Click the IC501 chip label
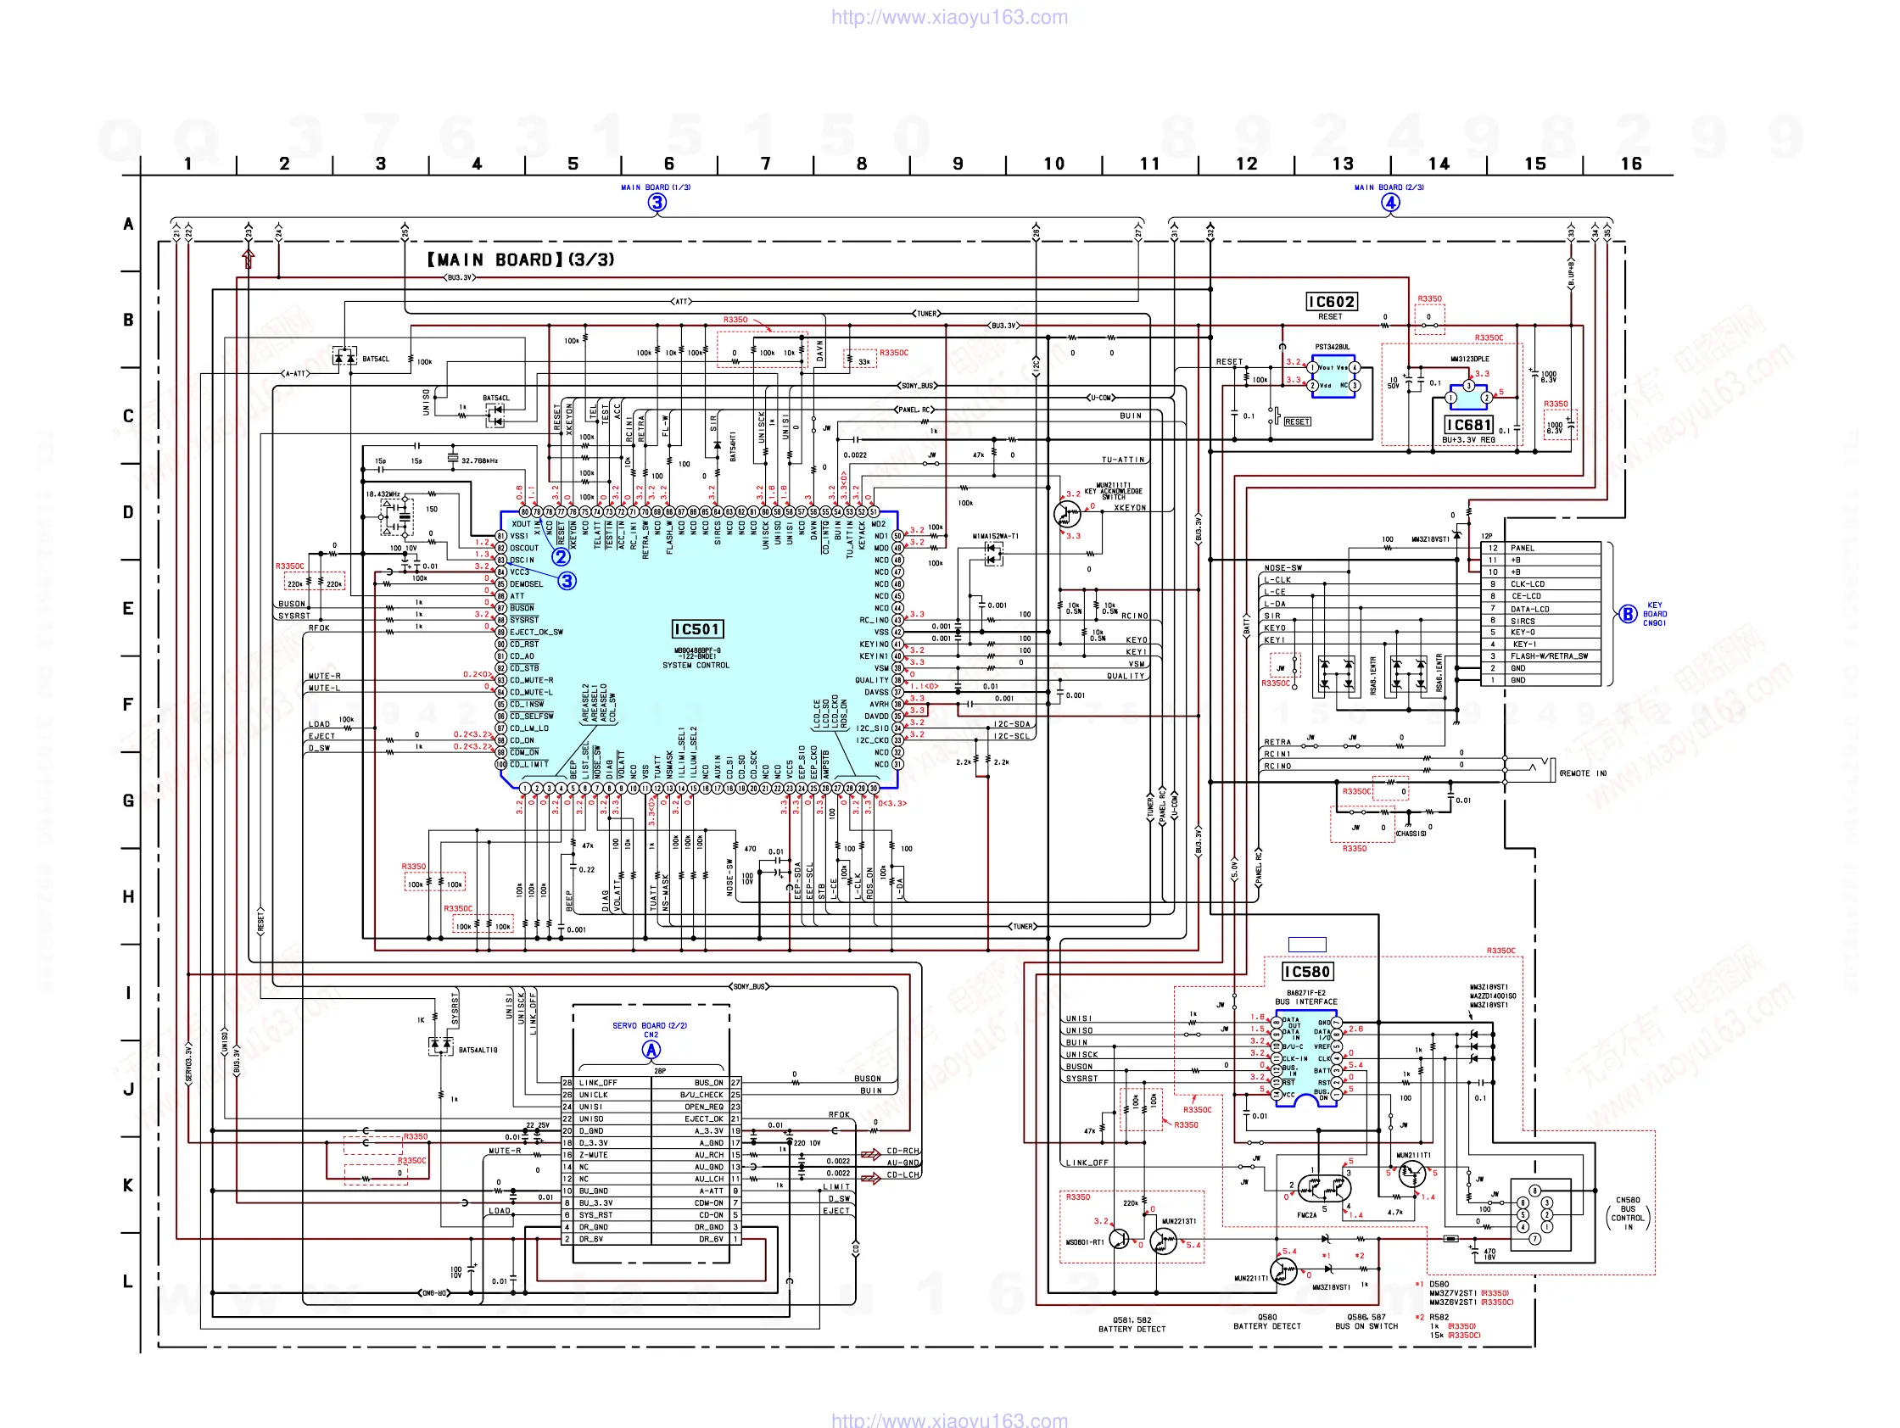tap(696, 629)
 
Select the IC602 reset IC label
tap(1331, 302)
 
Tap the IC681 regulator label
tap(1468, 425)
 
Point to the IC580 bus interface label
tap(1306, 972)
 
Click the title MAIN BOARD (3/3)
tap(521, 260)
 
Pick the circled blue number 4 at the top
tap(1389, 203)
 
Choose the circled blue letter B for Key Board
tap(1627, 614)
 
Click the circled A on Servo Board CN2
tap(651, 1050)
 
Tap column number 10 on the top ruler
tap(1054, 164)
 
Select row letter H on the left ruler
tap(128, 897)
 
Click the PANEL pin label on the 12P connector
tap(1522, 548)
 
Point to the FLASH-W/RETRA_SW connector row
tap(1549, 656)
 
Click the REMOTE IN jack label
tap(1582, 773)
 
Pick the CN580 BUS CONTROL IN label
tap(1628, 1213)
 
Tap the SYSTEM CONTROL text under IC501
tap(696, 666)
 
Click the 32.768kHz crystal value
tap(479, 461)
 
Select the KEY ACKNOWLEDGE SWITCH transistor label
tap(1113, 491)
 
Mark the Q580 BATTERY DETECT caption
tap(1267, 1321)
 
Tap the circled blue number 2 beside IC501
tap(561, 556)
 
